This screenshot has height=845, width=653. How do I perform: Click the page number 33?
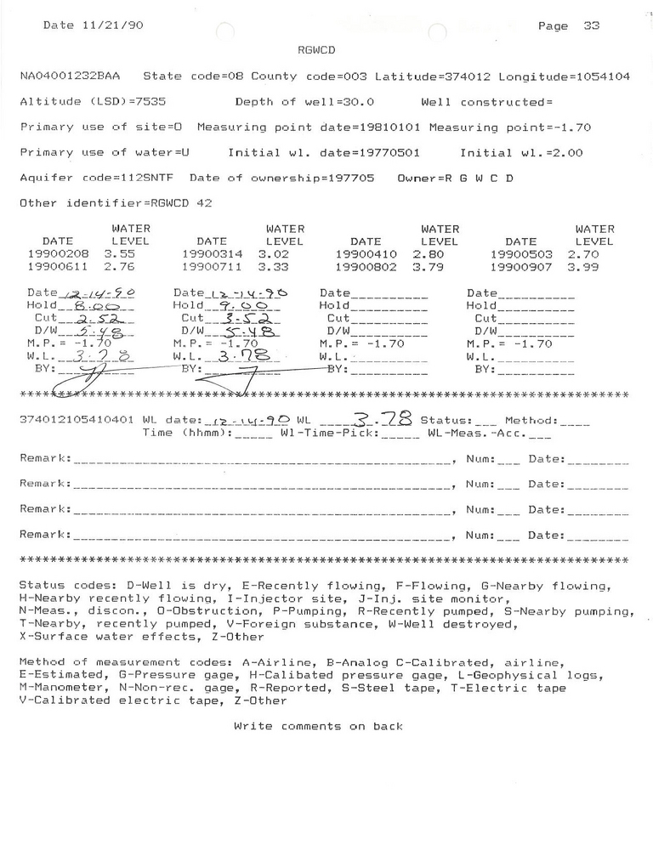pyautogui.click(x=592, y=26)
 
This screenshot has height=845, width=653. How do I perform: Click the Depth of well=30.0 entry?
pyautogui.click(x=302, y=102)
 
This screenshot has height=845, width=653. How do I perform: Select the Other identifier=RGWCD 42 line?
pyautogui.click(x=115, y=204)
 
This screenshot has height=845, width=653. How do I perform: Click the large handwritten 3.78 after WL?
pyautogui.click(x=389, y=418)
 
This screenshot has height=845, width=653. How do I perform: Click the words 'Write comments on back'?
pyautogui.click(x=318, y=726)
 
